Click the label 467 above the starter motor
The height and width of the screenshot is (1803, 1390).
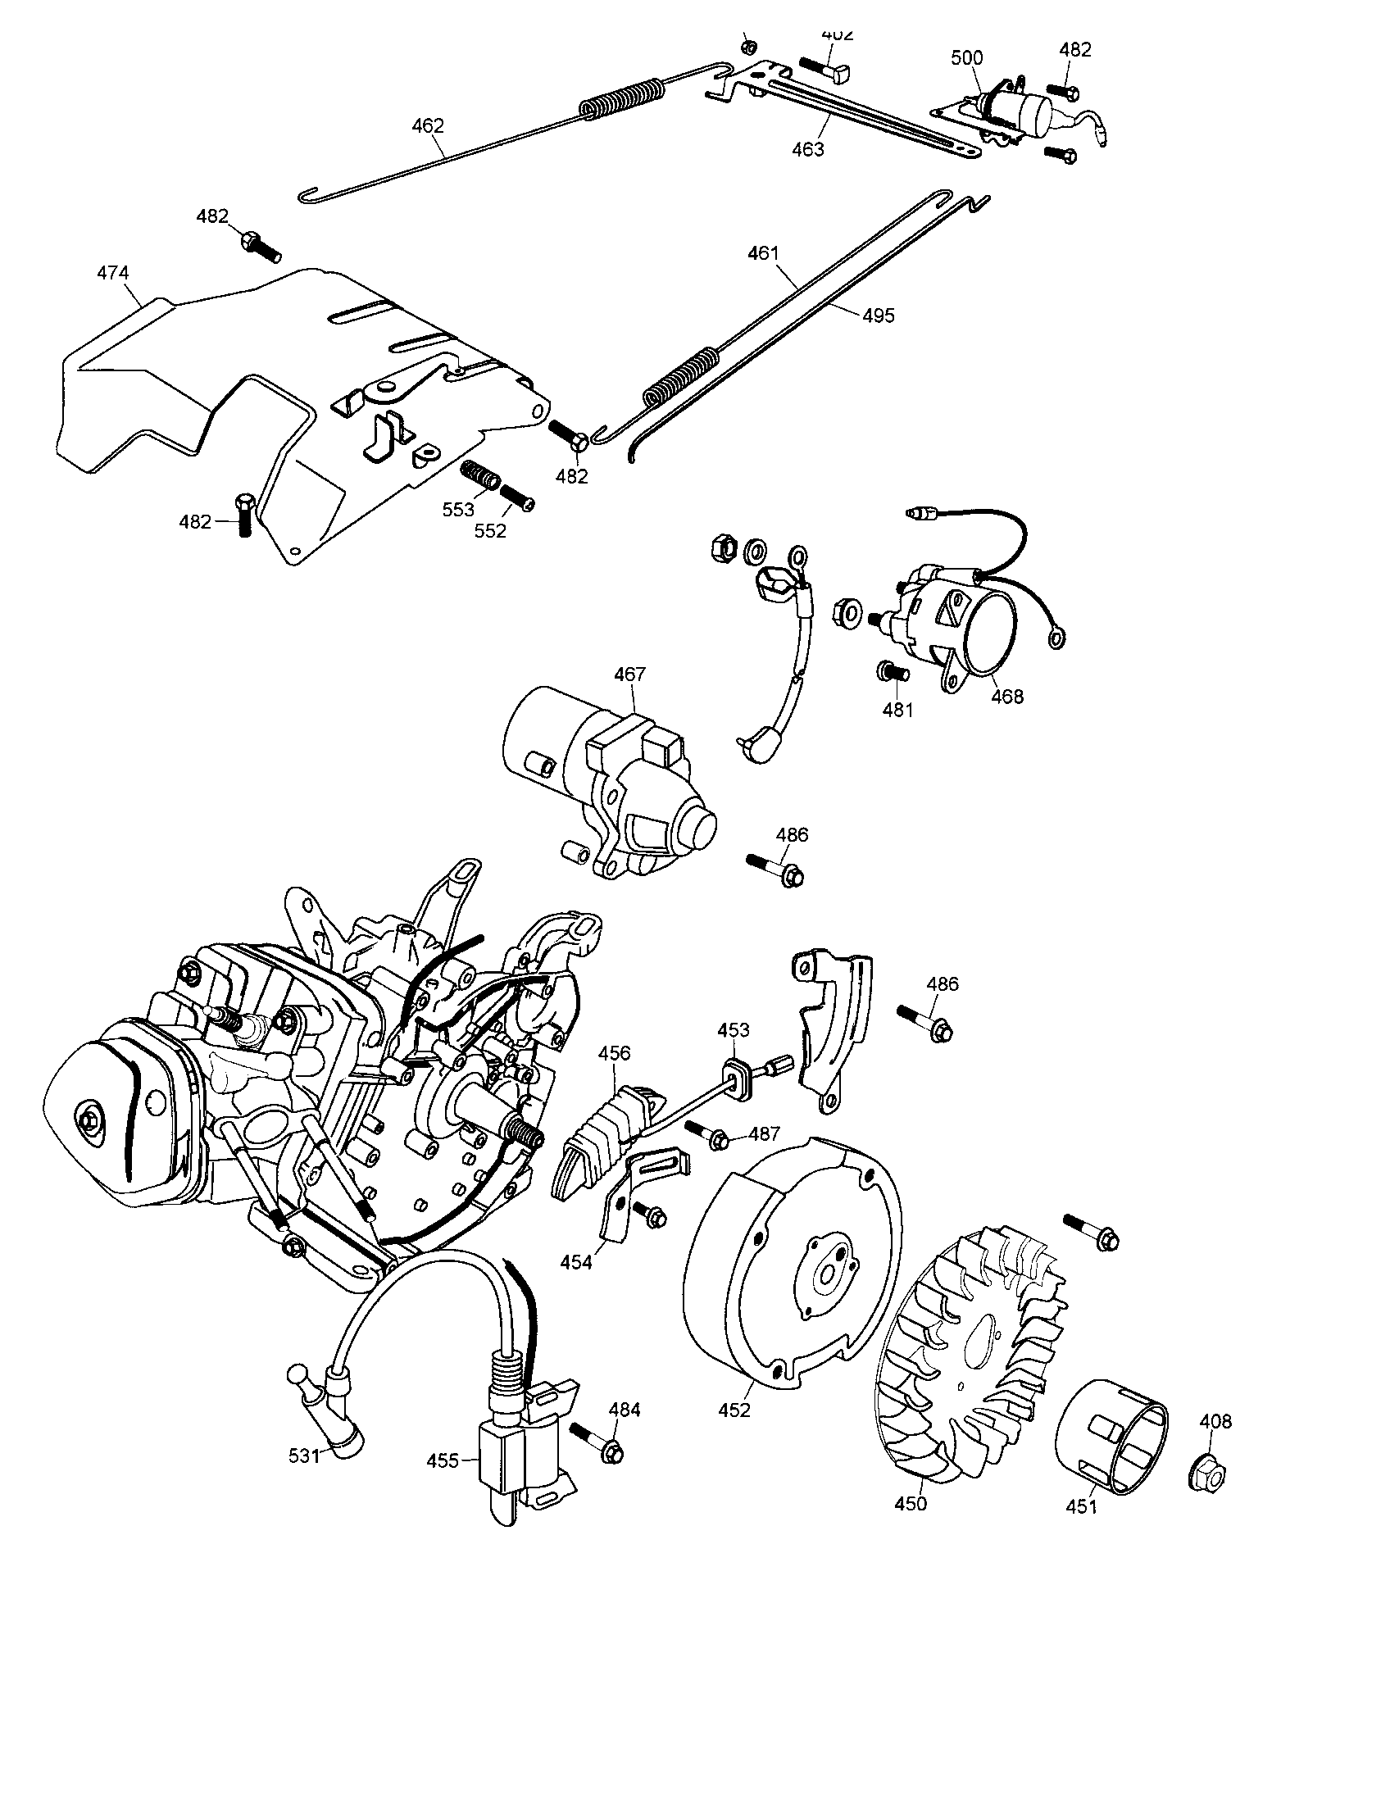629,674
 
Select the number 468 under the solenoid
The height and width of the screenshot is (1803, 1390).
1007,697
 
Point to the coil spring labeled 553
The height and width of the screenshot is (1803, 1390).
479,475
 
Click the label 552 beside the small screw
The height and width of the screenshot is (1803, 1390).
490,531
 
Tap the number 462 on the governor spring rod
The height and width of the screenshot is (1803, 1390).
428,126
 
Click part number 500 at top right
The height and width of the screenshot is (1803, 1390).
966,58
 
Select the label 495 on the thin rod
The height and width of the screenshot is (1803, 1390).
879,316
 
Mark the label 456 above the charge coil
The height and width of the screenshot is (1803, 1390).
614,1052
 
